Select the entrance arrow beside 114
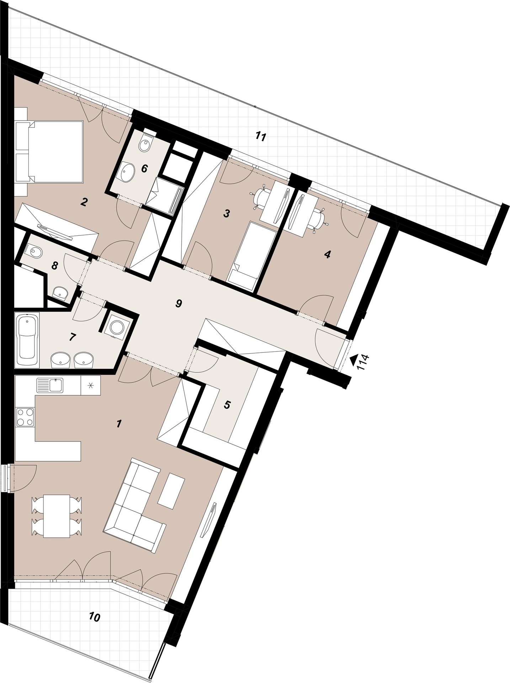pos(353,360)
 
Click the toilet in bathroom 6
pos(145,143)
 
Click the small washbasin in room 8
pos(60,293)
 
